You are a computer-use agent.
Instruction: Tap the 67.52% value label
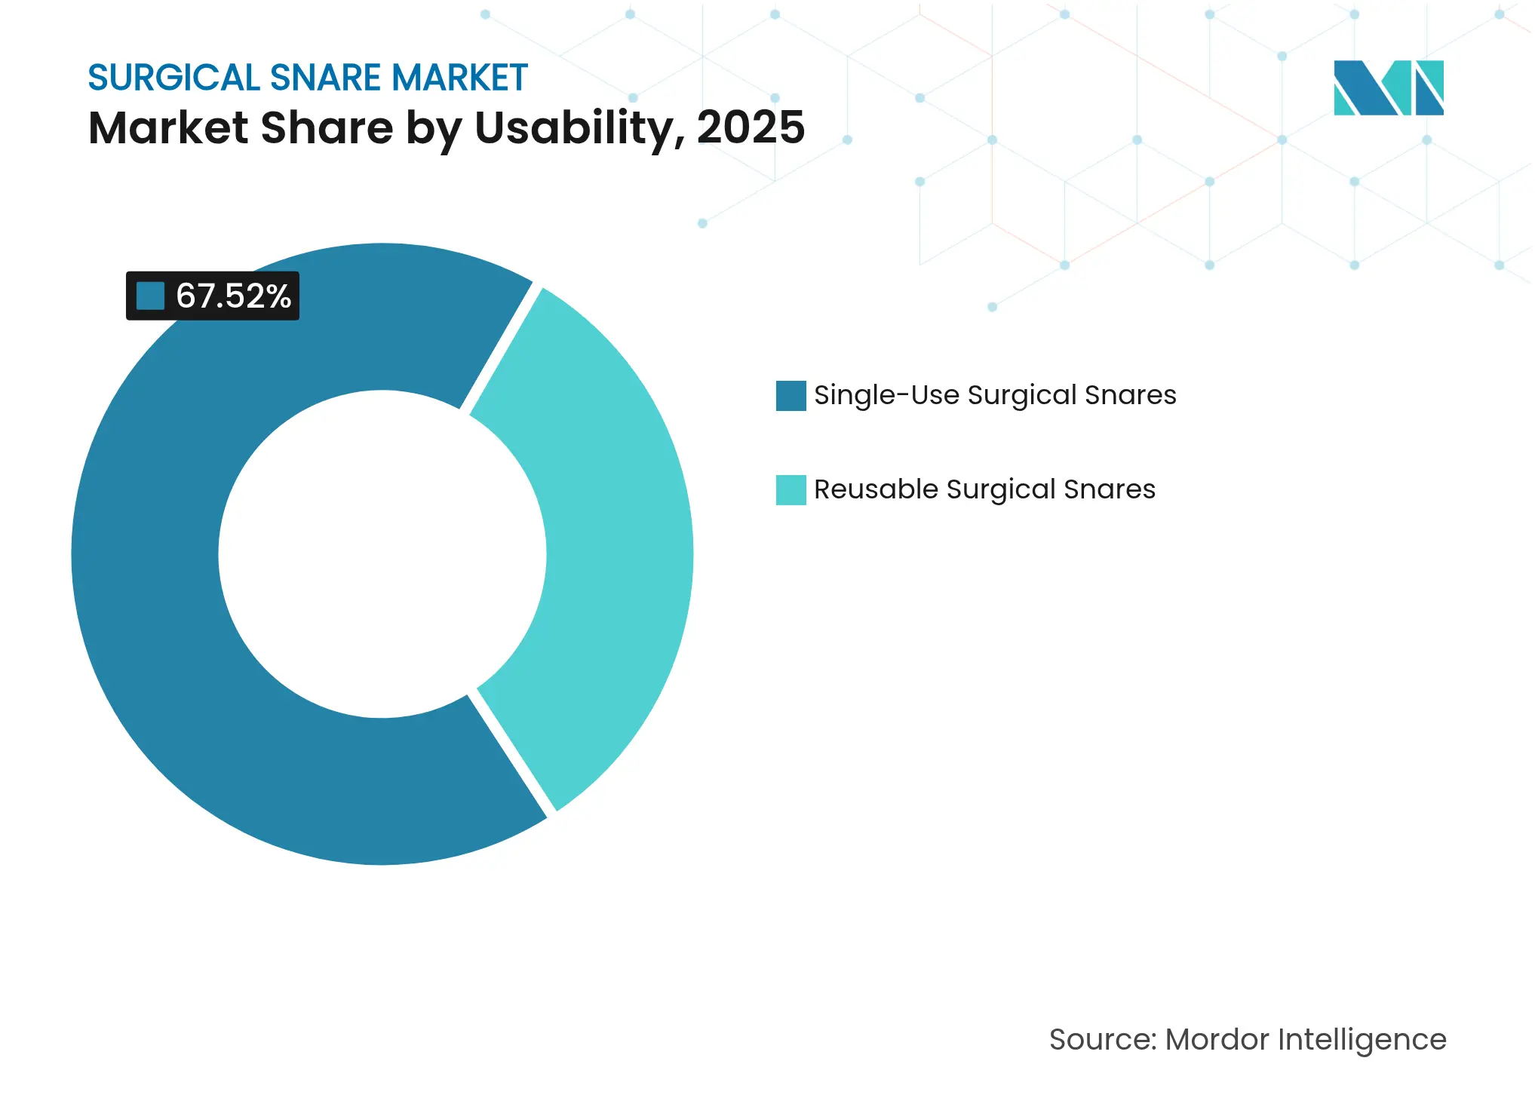coord(233,296)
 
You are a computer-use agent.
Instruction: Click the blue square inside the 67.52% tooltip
coord(150,296)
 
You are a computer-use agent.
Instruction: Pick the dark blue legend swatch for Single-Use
coord(791,396)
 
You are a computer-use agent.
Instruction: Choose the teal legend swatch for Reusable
coord(791,490)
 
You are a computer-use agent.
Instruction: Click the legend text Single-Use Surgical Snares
coord(995,395)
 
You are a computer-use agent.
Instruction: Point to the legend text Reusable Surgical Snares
coord(984,489)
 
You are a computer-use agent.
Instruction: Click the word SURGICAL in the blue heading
coord(174,78)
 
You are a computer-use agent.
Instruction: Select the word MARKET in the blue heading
coord(459,78)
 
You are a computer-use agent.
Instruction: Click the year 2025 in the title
coord(751,127)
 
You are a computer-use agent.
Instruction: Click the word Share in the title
coord(327,127)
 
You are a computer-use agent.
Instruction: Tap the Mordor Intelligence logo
coord(1388,87)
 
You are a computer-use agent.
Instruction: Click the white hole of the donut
coord(382,554)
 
